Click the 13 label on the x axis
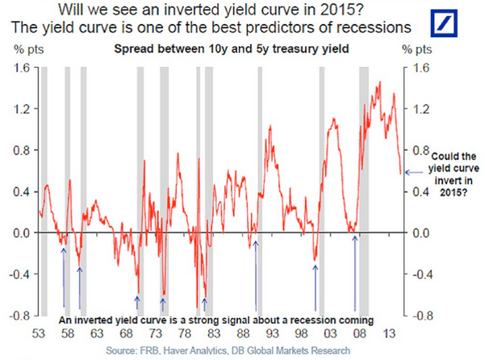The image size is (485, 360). pos(390,332)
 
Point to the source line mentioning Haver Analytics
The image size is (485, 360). pos(228,350)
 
